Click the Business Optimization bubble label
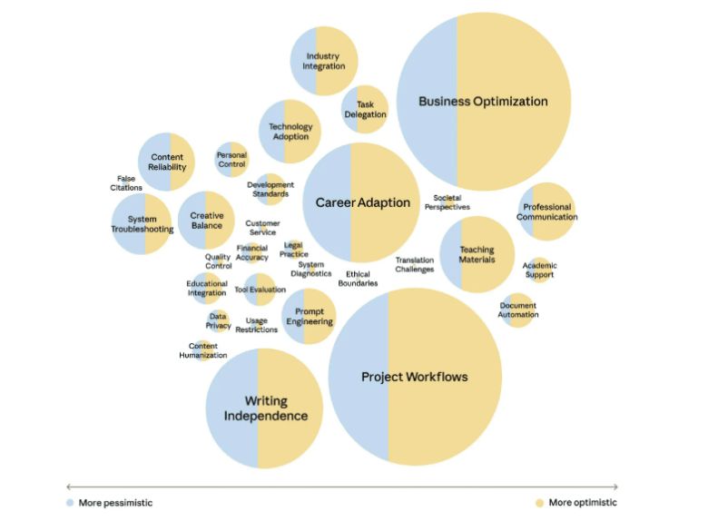(x=483, y=102)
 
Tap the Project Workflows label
(x=415, y=377)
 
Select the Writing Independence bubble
(x=265, y=408)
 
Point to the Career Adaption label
(x=362, y=202)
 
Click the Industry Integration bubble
(x=323, y=62)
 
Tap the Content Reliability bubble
(x=167, y=162)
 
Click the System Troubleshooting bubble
(x=142, y=224)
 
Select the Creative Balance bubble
(x=206, y=221)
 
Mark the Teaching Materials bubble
(x=477, y=255)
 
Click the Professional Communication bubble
(x=547, y=212)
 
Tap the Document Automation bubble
(x=518, y=310)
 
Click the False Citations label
(x=126, y=183)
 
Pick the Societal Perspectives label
(x=447, y=202)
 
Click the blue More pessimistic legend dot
(x=71, y=503)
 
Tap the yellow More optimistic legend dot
(x=539, y=503)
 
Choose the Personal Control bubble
(x=231, y=160)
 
